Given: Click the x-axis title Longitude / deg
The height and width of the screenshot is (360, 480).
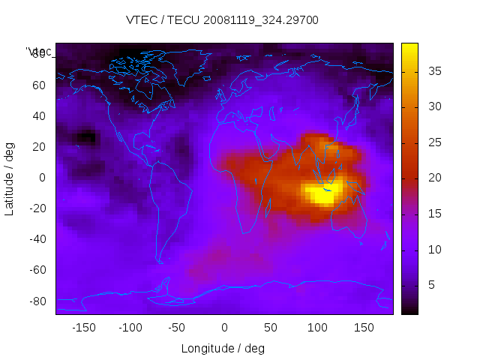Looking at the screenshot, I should coord(223,349).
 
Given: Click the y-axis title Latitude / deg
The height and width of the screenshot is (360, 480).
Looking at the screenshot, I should coord(10,178).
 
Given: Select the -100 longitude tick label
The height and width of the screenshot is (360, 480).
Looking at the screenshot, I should coord(130,328).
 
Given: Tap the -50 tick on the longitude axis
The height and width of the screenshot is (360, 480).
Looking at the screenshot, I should coord(177,328).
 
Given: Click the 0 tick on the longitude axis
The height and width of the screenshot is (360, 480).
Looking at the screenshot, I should coord(224,328).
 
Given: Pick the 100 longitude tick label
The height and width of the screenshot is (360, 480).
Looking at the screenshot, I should coord(317,328).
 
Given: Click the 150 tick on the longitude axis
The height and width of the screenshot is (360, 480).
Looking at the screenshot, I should coord(364,328).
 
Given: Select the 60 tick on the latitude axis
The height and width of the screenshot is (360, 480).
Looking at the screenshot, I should coord(39,85).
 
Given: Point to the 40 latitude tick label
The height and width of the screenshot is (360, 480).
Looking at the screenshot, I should coord(39,115).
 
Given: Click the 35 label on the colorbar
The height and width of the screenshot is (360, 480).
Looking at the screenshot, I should coord(433,71).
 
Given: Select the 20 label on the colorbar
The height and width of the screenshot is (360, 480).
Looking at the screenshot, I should coord(433,178).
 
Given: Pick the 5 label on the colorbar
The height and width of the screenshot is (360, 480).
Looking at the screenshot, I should coord(430,286).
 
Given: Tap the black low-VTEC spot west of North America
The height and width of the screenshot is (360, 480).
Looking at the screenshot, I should coord(88,137).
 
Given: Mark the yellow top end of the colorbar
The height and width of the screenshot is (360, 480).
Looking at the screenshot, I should coord(409,49).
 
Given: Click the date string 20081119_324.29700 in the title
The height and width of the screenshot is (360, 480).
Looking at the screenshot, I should coord(259,20).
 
